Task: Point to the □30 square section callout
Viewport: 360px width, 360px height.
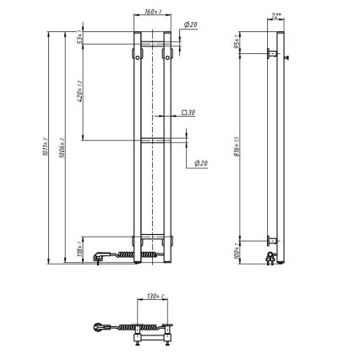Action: pyautogui.click(x=189, y=112)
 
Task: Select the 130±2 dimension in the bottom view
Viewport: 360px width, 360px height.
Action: pyautogui.click(x=152, y=297)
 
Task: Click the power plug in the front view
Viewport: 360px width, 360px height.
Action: pyautogui.click(x=101, y=253)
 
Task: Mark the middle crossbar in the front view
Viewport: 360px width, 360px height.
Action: pyautogui.click(x=153, y=138)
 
